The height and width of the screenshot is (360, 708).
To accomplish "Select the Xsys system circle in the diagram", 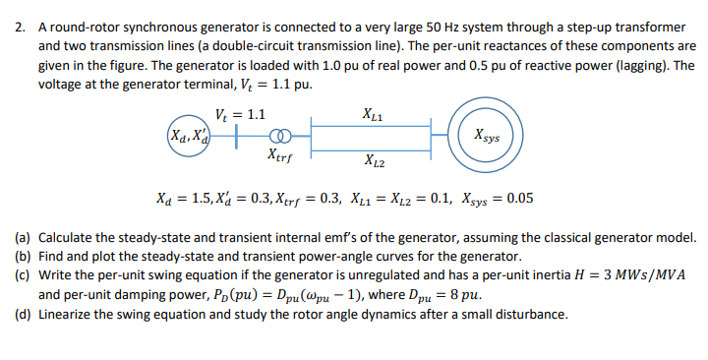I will (x=486, y=135).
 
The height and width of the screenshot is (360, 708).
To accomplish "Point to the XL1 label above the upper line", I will (x=375, y=113).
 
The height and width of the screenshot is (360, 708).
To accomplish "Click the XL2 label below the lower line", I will (x=375, y=161).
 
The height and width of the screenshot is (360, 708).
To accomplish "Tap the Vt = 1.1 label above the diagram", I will (x=240, y=113).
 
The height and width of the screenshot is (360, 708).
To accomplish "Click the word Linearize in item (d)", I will (x=70, y=315).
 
